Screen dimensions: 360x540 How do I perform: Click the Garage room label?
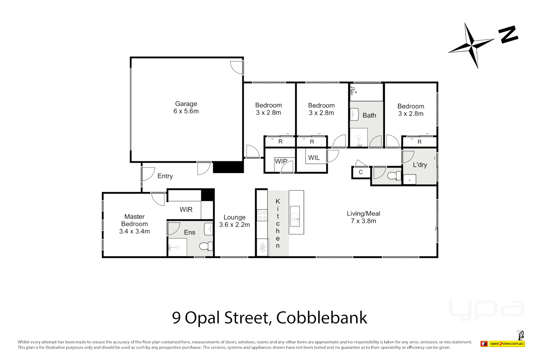pyautogui.click(x=186, y=104)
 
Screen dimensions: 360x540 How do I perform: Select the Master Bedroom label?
pyautogui.click(x=134, y=220)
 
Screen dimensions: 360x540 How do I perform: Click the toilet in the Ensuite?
pyautogui.click(x=206, y=246)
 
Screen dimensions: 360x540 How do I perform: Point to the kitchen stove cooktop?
pyautogui.click(x=262, y=215)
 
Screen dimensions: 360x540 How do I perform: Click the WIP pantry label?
pyautogui.click(x=281, y=161)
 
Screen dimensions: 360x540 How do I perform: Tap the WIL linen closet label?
pyautogui.click(x=314, y=158)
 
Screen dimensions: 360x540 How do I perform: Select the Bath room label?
pyautogui.click(x=369, y=115)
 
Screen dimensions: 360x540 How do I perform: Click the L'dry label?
pyautogui.click(x=420, y=165)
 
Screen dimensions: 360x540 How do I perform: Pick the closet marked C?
pyautogui.click(x=361, y=172)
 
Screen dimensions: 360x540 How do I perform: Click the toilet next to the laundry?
pyautogui.click(x=394, y=175)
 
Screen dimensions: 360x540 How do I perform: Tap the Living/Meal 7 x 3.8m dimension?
pyautogui.click(x=363, y=221)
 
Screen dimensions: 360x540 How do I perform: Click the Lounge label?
pyautogui.click(x=234, y=217)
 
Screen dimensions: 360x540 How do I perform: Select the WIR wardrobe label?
pyautogui.click(x=186, y=209)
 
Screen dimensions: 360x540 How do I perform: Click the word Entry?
pyautogui.click(x=165, y=176)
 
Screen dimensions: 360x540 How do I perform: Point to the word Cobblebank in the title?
pyautogui.click(x=321, y=318)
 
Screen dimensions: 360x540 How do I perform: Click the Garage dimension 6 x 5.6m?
pyautogui.click(x=186, y=111)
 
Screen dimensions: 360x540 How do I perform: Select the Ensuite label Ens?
pyautogui.click(x=190, y=232)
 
